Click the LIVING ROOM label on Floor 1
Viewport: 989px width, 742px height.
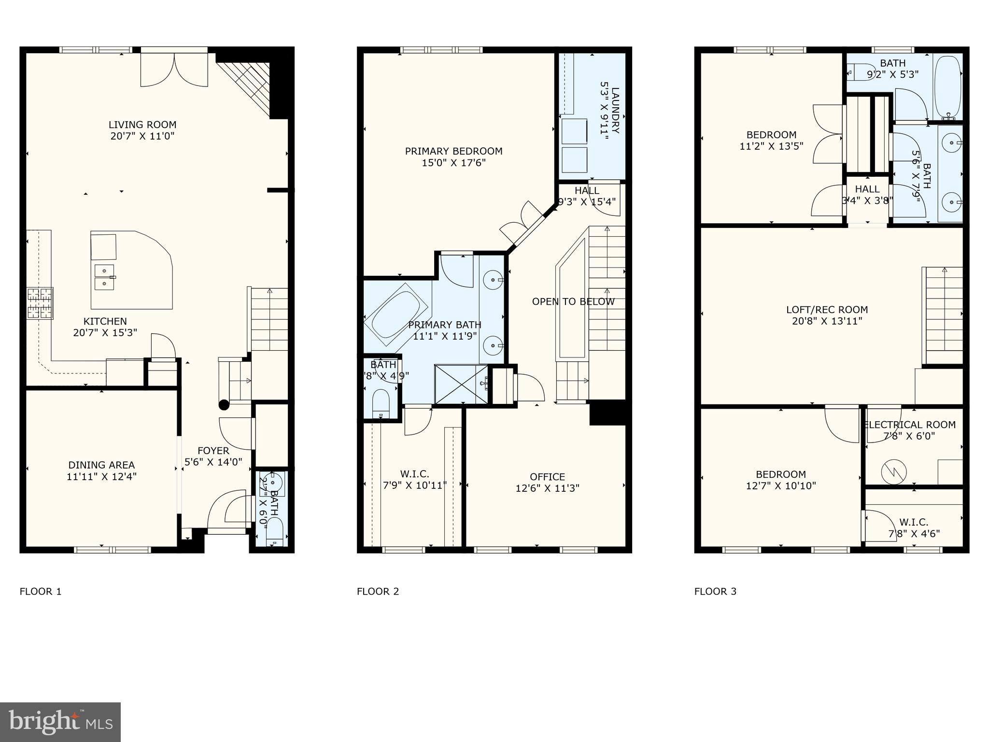pos(142,125)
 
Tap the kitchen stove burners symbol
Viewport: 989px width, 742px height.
pos(40,303)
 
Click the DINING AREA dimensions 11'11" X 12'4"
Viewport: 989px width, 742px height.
pos(101,477)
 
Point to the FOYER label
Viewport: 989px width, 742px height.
pos(213,451)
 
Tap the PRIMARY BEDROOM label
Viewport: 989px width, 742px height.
pos(453,151)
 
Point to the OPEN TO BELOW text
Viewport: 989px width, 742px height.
pos(573,302)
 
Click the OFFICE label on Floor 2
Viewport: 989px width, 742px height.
pos(547,477)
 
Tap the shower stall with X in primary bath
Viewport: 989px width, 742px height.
pos(462,384)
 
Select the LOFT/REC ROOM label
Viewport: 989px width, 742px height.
pos(827,310)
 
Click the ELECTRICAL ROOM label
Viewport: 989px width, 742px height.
pos(910,425)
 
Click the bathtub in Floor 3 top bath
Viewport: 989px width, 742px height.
pos(947,87)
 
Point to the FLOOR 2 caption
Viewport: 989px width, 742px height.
pos(378,591)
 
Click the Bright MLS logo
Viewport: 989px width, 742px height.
pos(60,722)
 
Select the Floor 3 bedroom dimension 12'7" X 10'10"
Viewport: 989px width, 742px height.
pos(781,486)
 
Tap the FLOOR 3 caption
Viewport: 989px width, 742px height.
pos(715,591)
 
